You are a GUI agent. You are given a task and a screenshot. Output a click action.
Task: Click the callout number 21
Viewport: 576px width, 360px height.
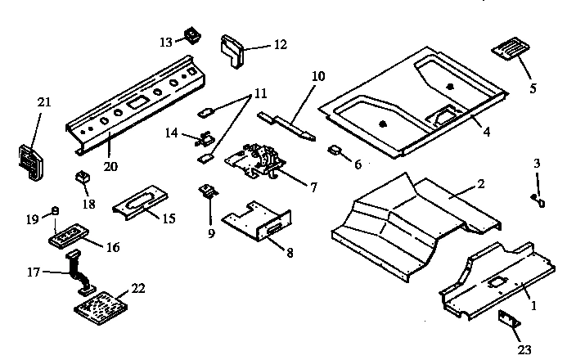[x=43, y=101]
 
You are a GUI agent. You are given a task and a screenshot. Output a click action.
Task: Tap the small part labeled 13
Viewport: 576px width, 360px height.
[x=193, y=36]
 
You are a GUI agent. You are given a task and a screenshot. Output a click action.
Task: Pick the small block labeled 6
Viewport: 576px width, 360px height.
[x=335, y=151]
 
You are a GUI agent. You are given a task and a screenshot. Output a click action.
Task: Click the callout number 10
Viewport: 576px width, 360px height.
[x=318, y=76]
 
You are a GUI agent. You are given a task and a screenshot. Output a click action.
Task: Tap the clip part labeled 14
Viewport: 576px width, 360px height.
[x=205, y=137]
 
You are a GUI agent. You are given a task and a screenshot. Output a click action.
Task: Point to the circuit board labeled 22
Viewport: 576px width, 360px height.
[x=101, y=308]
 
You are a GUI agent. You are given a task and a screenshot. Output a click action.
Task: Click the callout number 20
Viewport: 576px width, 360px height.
[x=110, y=166]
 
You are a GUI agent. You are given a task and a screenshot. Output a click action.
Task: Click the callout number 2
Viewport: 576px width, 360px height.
[x=481, y=184]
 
